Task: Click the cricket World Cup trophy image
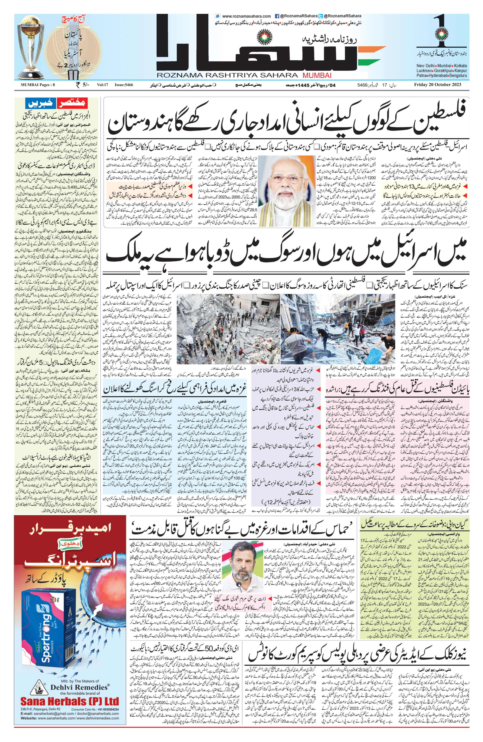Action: click(x=31, y=47)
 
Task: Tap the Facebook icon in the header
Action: click(x=276, y=16)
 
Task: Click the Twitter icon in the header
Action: click(x=321, y=16)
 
